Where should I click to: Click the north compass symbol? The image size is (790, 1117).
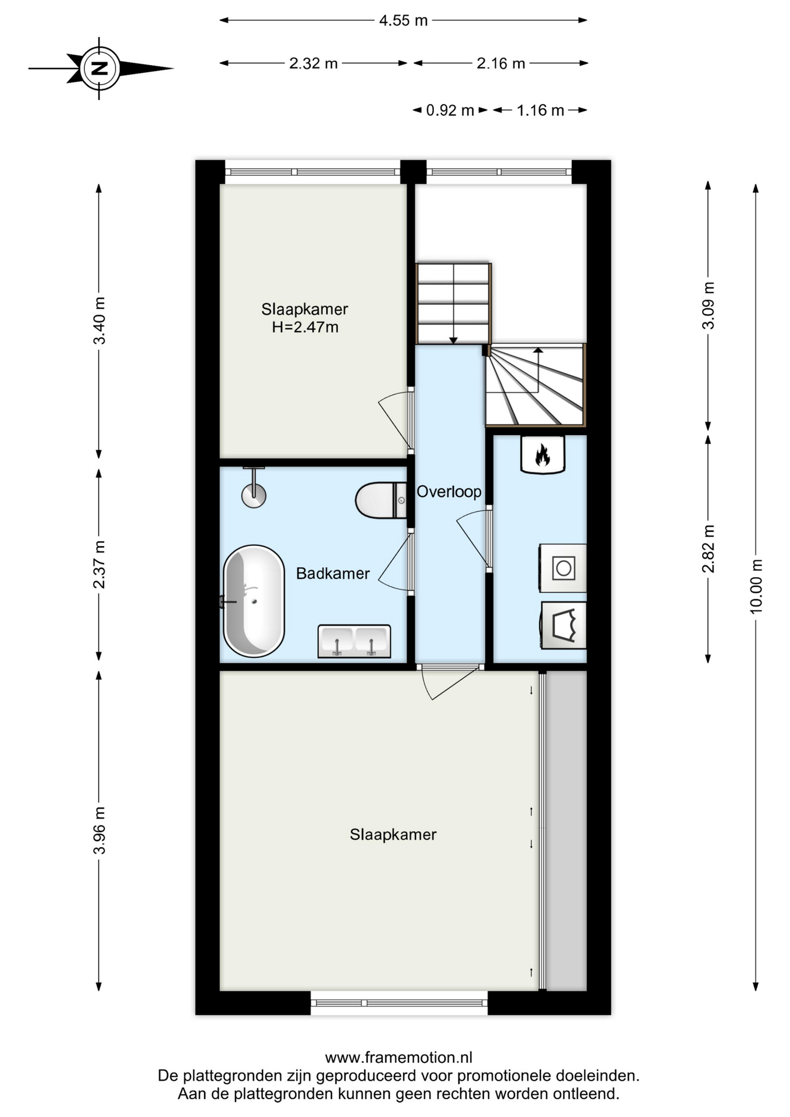click(x=100, y=68)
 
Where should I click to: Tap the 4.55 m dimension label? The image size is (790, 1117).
click(x=403, y=20)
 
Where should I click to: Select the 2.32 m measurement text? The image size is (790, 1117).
click(x=313, y=63)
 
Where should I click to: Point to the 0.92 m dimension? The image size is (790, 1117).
click(x=450, y=110)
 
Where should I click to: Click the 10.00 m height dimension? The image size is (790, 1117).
click(x=756, y=587)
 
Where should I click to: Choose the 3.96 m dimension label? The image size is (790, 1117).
click(x=99, y=830)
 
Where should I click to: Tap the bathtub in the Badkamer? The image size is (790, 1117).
click(x=254, y=601)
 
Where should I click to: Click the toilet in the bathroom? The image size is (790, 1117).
click(x=381, y=500)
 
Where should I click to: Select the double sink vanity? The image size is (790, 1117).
click(x=354, y=641)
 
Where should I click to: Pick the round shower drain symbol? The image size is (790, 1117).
click(x=254, y=496)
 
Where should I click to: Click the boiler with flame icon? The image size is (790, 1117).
click(x=542, y=454)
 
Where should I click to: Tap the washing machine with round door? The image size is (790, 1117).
click(x=563, y=568)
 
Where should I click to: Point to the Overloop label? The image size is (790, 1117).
click(x=449, y=492)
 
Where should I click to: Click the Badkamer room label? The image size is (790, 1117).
click(x=333, y=574)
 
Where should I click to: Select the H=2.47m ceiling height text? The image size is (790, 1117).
click(x=305, y=327)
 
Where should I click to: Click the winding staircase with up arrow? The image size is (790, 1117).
click(x=536, y=385)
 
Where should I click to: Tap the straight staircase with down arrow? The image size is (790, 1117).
click(x=454, y=303)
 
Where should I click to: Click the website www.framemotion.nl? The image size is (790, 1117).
click(x=398, y=1057)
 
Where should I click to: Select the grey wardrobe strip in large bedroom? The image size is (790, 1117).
click(x=566, y=831)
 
